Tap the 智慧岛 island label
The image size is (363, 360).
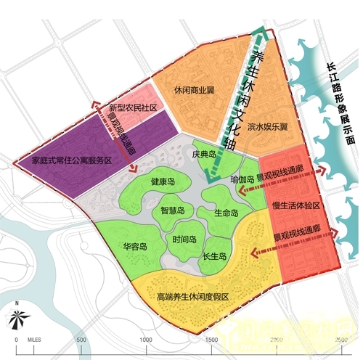point(173,210)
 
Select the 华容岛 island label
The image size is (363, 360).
point(135,247)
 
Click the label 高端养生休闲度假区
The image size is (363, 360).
point(192,298)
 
